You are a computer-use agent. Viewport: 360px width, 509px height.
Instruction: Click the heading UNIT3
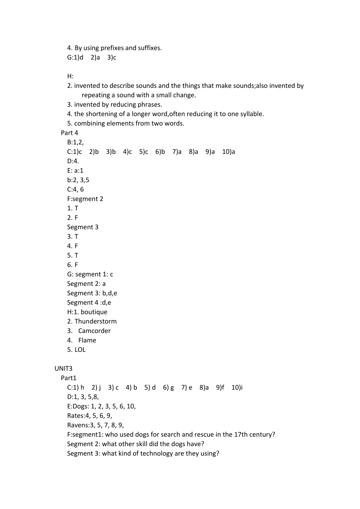pyautogui.click(x=63, y=368)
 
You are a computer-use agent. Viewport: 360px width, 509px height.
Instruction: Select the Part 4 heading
pyautogui.click(x=69, y=133)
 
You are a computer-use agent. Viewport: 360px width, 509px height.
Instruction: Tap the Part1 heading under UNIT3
pyautogui.click(x=69, y=378)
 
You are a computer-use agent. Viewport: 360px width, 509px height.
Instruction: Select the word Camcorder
pyautogui.click(x=94, y=331)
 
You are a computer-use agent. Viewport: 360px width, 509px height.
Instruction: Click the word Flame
pyautogui.click(x=87, y=340)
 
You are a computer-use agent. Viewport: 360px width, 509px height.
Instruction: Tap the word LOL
pyautogui.click(x=80, y=350)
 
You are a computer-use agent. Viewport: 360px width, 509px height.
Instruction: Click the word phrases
pyautogui.click(x=149, y=105)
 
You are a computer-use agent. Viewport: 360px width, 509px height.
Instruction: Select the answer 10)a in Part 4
pyautogui.click(x=229, y=152)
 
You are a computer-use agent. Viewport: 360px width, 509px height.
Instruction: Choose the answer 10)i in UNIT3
pyautogui.click(x=237, y=387)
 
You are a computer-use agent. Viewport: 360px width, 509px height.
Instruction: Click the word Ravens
pyautogui.click(x=77, y=425)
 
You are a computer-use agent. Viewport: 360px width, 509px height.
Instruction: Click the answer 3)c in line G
pyautogui.click(x=112, y=58)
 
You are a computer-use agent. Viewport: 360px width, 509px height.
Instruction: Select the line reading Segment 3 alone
pyautogui.click(x=83, y=227)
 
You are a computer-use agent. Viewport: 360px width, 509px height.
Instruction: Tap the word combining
pyautogui.click(x=89, y=123)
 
